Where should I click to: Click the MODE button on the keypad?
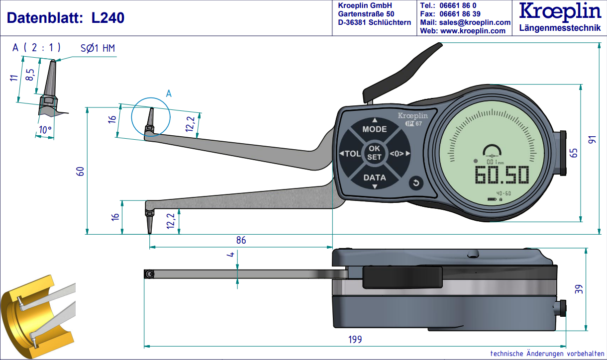click(x=374, y=129)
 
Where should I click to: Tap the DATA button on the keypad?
click(x=374, y=178)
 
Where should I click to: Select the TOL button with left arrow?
click(x=351, y=154)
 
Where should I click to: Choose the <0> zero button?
click(x=399, y=154)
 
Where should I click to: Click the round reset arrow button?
click(x=416, y=183)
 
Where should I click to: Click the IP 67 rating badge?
click(x=413, y=123)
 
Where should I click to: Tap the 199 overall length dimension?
click(x=355, y=340)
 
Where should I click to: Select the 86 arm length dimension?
click(x=241, y=240)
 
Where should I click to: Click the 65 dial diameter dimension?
click(x=574, y=153)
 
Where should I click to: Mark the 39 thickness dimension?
click(x=579, y=289)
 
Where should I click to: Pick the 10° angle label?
click(x=45, y=130)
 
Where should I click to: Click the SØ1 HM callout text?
click(x=98, y=48)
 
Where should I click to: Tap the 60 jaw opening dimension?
click(x=80, y=171)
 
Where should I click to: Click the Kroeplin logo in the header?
click(x=560, y=12)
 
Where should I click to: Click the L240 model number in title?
click(x=108, y=18)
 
